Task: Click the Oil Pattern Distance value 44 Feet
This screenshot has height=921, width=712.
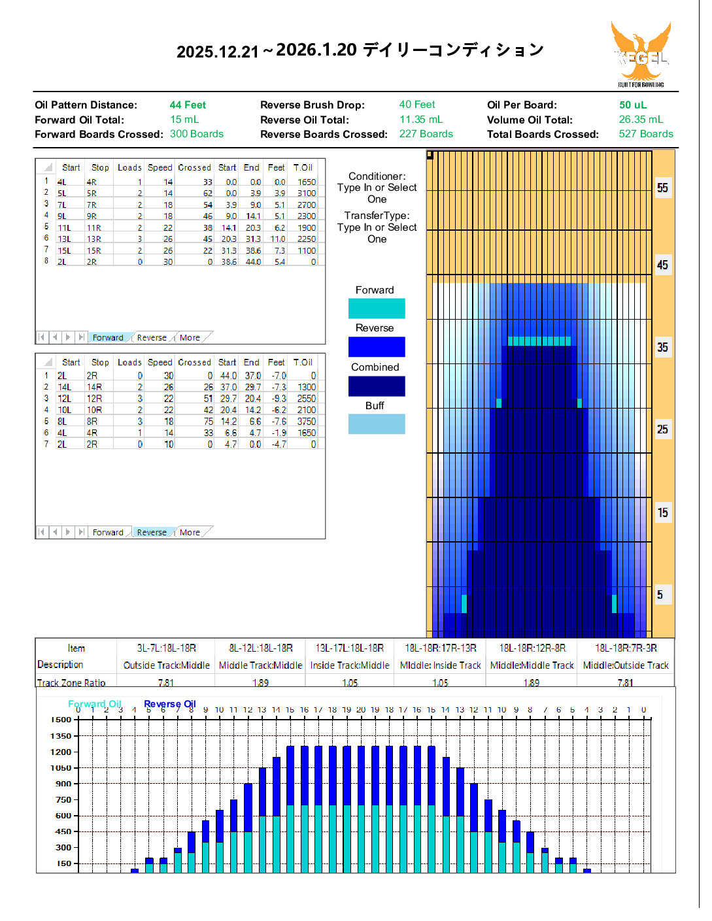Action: [x=188, y=105]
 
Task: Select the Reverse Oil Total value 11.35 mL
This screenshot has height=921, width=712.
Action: [x=420, y=120]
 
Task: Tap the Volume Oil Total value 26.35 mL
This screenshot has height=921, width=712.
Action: [x=640, y=120]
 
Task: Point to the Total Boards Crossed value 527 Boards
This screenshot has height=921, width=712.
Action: [x=645, y=134]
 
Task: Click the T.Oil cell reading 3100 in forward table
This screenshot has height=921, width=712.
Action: [x=306, y=193]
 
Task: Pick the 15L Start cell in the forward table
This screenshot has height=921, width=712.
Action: [x=64, y=250]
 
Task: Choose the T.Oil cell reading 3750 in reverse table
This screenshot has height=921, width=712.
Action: [x=306, y=422]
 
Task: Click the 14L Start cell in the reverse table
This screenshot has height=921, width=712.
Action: [x=64, y=387]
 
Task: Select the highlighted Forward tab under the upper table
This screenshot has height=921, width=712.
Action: [x=108, y=338]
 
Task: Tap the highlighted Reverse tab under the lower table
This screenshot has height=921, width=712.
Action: [x=152, y=533]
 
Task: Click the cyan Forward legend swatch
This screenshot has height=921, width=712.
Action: [x=377, y=309]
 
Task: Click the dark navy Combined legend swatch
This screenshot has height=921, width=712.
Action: [x=377, y=386]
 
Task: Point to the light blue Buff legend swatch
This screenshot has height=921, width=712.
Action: [x=377, y=424]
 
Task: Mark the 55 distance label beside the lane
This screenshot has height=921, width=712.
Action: [x=662, y=188]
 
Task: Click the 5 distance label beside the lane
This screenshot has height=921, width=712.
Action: [x=660, y=595]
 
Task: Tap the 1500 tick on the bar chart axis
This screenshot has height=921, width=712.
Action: [x=61, y=720]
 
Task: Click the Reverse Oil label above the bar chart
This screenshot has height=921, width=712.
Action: [x=170, y=704]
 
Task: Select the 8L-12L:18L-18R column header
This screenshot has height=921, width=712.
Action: [x=260, y=648]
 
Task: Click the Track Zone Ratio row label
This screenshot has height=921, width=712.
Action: [x=71, y=682]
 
